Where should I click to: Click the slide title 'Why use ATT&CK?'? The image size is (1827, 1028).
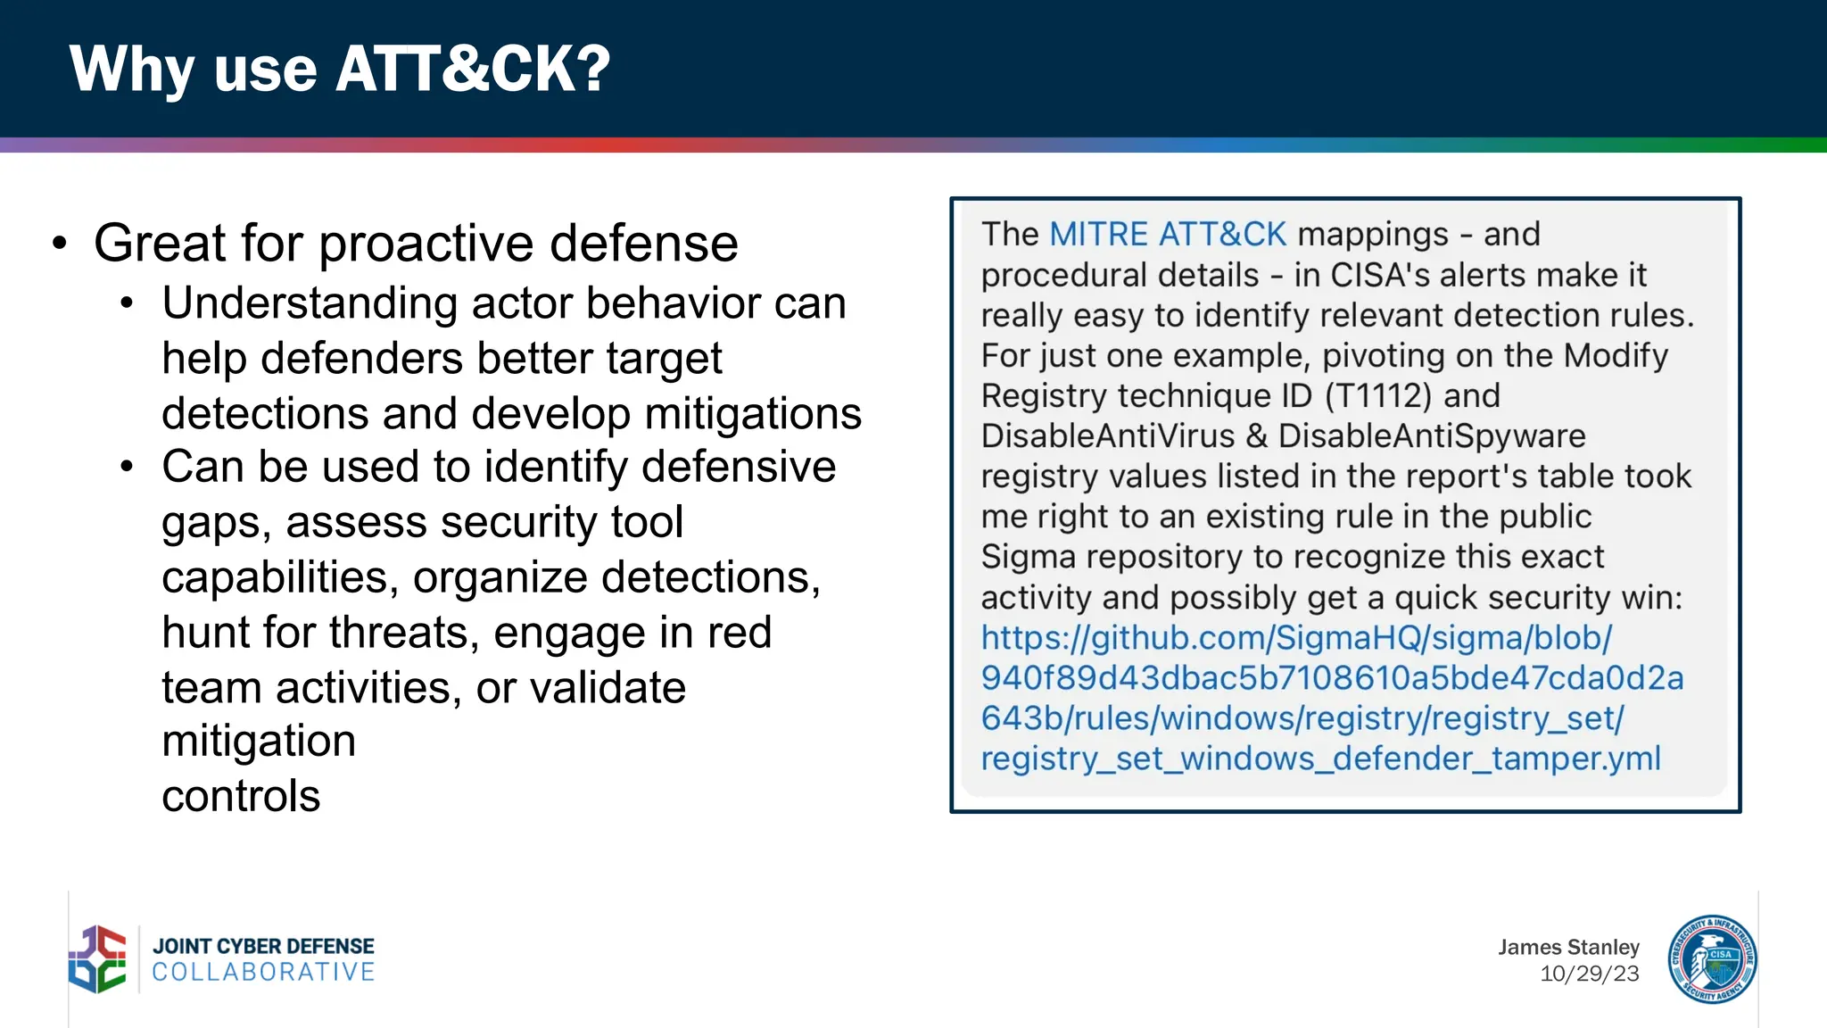coord(340,70)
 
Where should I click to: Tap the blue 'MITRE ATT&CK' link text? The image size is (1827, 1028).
coord(1168,235)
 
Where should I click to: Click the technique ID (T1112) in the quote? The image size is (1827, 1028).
coord(1378,396)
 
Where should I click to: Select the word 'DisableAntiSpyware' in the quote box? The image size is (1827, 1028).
coord(1432,436)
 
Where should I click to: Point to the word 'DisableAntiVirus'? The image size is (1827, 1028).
coord(1107,436)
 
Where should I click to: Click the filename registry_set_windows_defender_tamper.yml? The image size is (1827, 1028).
coord(1320,759)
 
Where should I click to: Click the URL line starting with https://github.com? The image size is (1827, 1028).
coord(1296,638)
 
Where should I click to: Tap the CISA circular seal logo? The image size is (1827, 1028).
coord(1712,959)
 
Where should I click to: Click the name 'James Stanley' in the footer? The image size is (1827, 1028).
coord(1568,947)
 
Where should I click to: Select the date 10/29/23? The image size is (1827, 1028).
coord(1589,974)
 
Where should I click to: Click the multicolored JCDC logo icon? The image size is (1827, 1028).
coord(98,959)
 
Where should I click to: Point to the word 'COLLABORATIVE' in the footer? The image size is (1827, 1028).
coord(263,972)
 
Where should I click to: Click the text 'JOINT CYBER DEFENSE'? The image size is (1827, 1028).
coord(263,946)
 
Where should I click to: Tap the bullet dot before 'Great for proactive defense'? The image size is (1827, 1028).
coord(60,244)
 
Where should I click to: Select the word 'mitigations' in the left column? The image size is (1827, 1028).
coord(753,414)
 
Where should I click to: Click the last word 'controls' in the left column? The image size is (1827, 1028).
coord(241,796)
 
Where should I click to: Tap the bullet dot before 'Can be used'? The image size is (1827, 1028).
coord(128,467)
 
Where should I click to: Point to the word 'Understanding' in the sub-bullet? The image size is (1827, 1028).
coord(310,303)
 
